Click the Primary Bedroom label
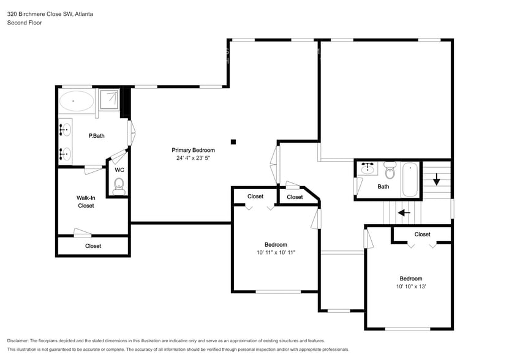coord(193,150)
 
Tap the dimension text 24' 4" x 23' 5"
coord(193,158)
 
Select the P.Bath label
coord(96,136)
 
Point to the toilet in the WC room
coord(119,184)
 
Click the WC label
coord(119,170)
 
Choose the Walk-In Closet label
coord(86,201)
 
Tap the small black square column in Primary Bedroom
coord(233,142)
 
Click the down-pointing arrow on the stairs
coord(436,180)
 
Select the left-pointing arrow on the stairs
coord(404,213)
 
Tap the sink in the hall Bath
coord(368,168)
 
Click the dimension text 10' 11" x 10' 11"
coord(276,252)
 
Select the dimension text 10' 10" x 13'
coord(410,287)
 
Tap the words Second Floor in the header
coord(25,23)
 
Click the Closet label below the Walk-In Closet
coord(93,246)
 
